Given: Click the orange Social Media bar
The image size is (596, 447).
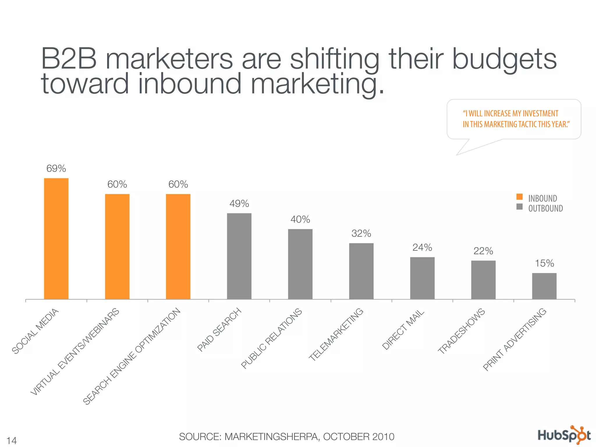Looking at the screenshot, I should (x=56, y=239).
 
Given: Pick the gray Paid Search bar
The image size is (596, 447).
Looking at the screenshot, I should (x=239, y=256).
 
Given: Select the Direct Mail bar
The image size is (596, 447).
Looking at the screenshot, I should (x=422, y=278).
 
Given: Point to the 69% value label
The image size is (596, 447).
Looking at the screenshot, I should (x=56, y=168).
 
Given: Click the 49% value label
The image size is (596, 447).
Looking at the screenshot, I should (x=239, y=204).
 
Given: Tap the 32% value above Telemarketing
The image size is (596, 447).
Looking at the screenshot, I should (x=361, y=233).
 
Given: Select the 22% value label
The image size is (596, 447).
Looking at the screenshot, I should (x=483, y=251).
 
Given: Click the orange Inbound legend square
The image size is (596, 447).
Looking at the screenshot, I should (x=519, y=197).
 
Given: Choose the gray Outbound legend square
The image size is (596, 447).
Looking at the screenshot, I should (x=519, y=207).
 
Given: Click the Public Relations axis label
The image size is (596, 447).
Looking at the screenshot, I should (x=272, y=339).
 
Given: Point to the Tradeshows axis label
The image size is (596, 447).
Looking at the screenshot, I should (x=462, y=331).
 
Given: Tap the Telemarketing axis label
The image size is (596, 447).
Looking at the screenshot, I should (x=336, y=334).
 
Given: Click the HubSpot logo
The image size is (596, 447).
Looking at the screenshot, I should (x=564, y=435).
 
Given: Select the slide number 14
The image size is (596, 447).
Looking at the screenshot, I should (x=12, y=440).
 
